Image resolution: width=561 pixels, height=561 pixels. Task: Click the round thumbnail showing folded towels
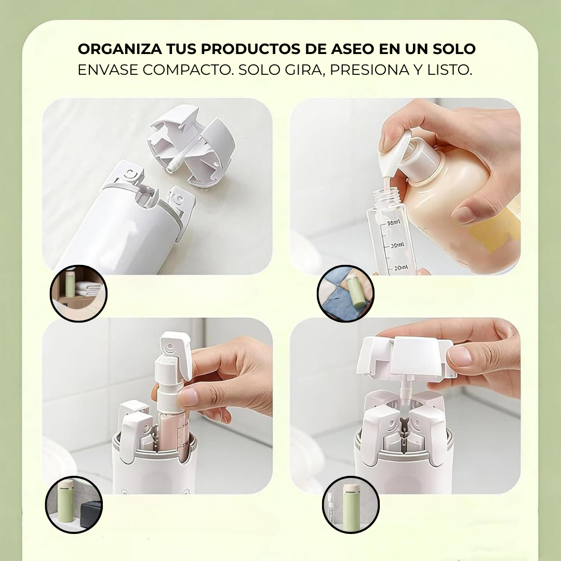(78, 293)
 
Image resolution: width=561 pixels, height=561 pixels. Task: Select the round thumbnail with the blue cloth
(345, 293)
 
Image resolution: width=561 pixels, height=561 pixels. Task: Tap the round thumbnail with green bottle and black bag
(74, 504)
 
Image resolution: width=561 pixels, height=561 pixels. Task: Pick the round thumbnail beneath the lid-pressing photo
(351, 504)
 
